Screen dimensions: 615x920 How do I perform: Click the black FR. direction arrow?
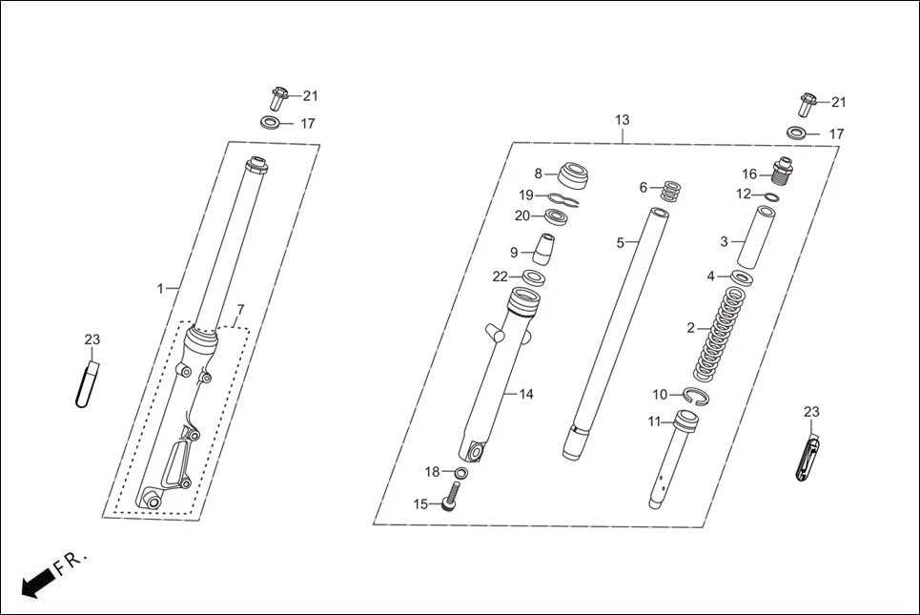(x=36, y=581)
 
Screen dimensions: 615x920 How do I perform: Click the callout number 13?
(x=622, y=120)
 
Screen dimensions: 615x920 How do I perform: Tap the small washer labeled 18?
(x=461, y=473)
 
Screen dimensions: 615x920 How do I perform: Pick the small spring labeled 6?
(x=671, y=190)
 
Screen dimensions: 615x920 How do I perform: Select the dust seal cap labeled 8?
(x=576, y=175)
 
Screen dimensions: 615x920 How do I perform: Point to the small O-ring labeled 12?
(x=772, y=197)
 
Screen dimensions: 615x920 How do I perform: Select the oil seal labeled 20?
(x=557, y=217)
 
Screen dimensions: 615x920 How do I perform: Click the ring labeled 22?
(x=534, y=277)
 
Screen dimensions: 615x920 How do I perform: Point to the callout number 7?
(x=240, y=310)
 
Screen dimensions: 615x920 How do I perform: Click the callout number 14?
(x=526, y=394)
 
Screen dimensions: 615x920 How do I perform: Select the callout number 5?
(x=620, y=243)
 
